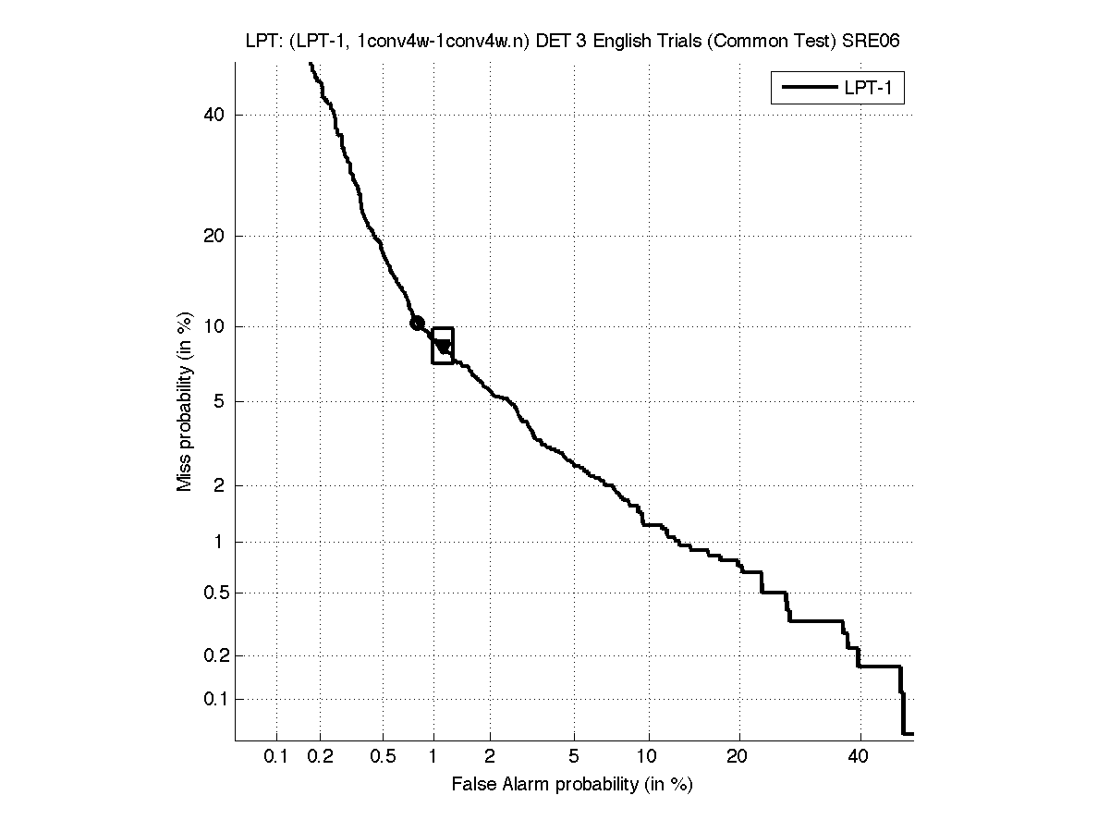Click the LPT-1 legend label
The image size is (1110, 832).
point(872,89)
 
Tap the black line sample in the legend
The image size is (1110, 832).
point(808,89)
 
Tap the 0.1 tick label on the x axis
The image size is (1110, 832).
point(276,757)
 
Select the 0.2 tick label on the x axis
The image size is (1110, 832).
point(321,757)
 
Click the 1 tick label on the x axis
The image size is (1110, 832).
point(433,757)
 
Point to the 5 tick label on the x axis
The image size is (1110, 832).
point(574,757)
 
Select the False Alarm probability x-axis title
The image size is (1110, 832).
point(572,785)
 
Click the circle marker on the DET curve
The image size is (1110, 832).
point(417,323)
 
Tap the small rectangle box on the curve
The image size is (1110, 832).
point(443,346)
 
